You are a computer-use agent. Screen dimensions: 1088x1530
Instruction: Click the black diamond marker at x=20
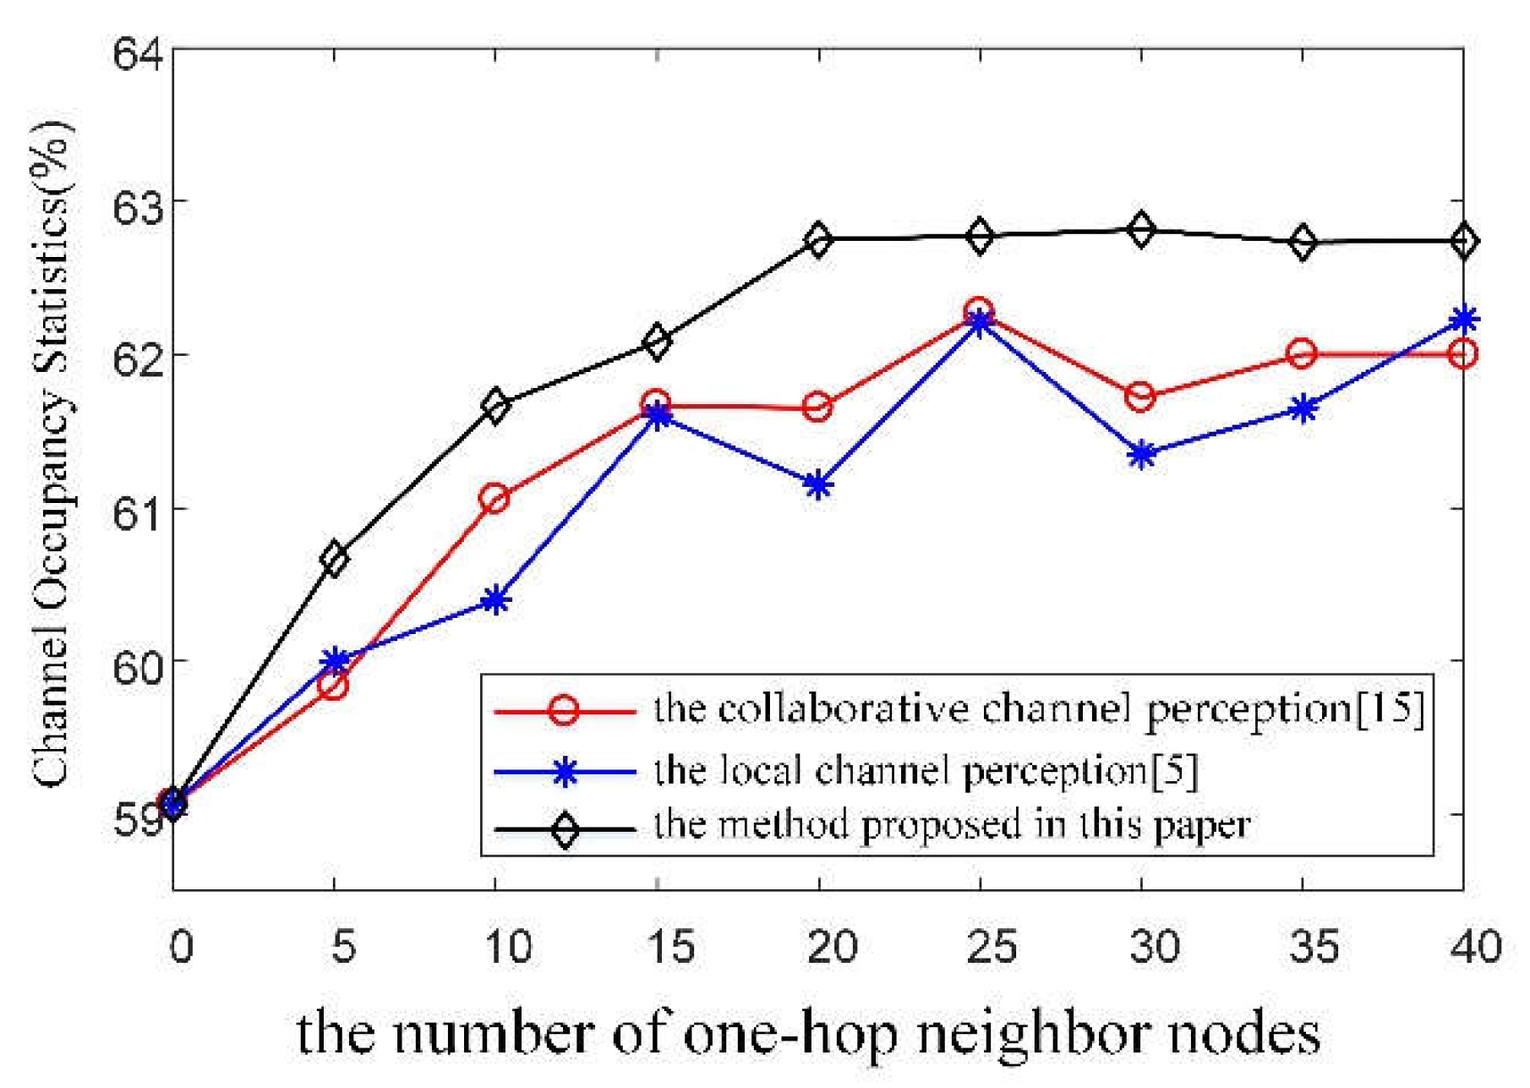[818, 240]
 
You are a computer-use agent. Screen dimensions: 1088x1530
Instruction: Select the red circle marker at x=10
[495, 499]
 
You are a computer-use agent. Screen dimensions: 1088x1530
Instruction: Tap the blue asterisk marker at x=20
[818, 485]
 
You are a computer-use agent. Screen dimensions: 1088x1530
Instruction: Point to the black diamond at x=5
[334, 558]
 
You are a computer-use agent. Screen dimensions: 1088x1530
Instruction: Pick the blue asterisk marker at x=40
[1463, 319]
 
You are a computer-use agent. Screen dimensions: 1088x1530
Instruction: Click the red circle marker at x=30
[1141, 396]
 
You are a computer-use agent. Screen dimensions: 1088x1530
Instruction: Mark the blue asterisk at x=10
[495, 600]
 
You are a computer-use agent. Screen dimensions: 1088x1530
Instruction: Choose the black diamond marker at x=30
[1141, 229]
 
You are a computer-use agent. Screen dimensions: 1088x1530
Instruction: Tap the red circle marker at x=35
[1303, 353]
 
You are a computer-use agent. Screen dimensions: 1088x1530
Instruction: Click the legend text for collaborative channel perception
[1003, 709]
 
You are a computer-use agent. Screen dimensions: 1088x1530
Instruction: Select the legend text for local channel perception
[901, 770]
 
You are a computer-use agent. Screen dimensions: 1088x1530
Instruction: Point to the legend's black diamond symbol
[565, 829]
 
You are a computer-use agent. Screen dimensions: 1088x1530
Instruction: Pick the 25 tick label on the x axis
[992, 947]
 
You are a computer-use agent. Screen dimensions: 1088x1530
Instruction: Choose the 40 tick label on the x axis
[1476, 947]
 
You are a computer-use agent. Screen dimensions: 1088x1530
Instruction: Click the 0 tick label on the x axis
[180, 947]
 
